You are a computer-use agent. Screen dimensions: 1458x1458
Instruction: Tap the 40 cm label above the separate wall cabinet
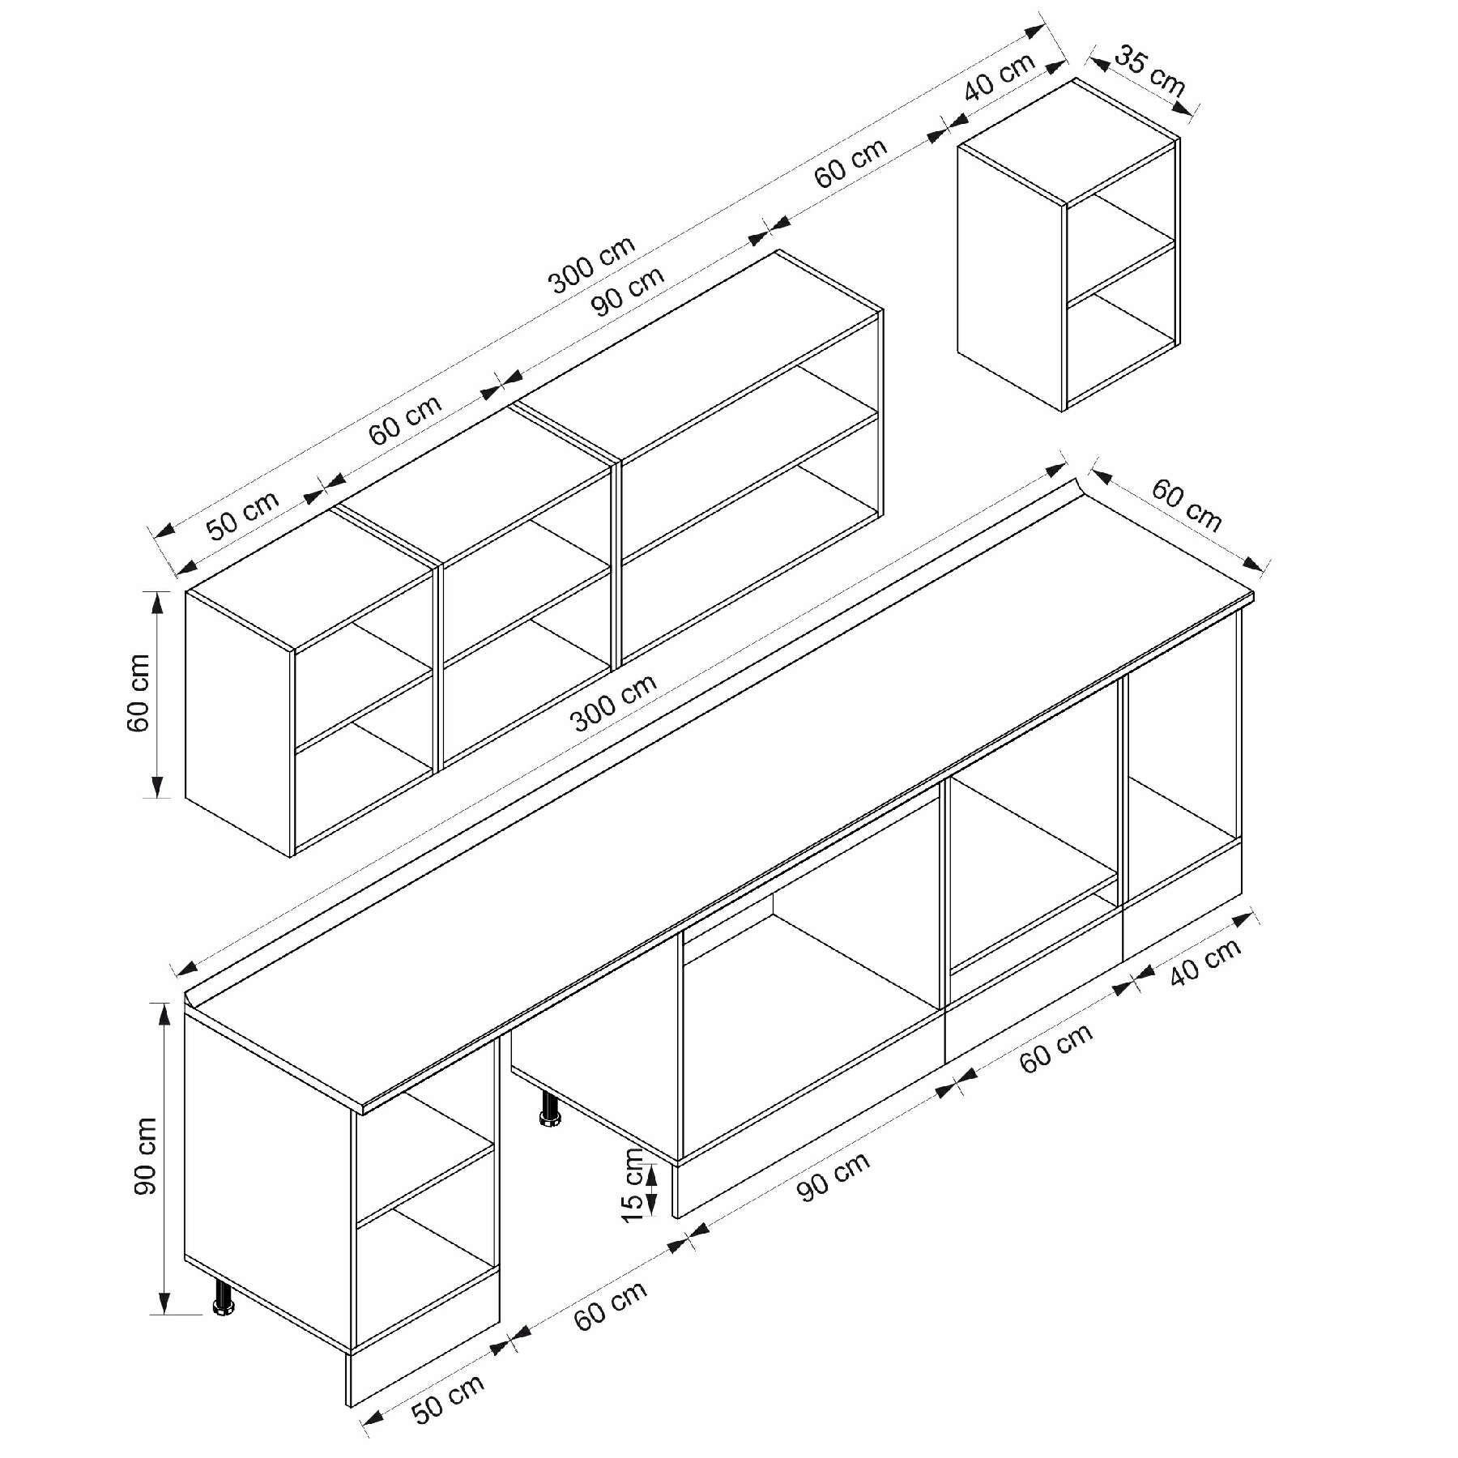[1000, 77]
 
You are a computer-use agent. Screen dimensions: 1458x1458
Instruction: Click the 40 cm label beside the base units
[1205, 961]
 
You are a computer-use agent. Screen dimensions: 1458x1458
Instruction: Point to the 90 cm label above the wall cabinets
[628, 292]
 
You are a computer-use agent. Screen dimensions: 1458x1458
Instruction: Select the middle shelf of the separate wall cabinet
[1120, 267]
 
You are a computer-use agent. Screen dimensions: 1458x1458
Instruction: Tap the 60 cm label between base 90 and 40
[1056, 1047]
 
